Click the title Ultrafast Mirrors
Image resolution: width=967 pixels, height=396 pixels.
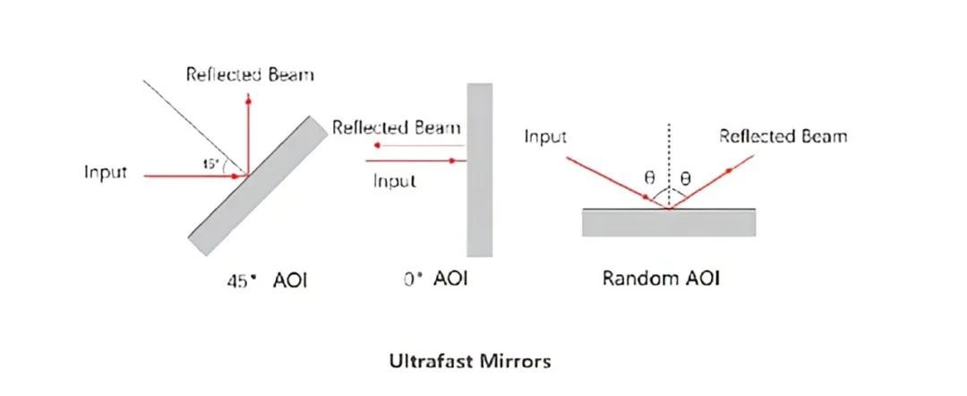[470, 360]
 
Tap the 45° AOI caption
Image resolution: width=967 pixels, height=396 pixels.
[266, 281]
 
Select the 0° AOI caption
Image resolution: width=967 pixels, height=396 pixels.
[435, 279]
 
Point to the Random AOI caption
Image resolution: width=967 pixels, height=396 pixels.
[661, 279]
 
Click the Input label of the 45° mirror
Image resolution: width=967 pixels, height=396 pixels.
[106, 172]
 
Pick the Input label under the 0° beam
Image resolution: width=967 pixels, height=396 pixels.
[395, 181]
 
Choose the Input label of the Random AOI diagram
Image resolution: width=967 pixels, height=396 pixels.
[545, 136]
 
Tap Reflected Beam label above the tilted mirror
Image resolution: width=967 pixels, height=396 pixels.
[250, 74]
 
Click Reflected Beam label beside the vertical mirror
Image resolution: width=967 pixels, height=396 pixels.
[397, 128]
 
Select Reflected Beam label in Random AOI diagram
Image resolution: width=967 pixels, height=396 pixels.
[783, 135]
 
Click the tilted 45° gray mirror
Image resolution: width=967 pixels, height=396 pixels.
[258, 185]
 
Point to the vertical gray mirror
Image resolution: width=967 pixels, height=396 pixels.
[479, 169]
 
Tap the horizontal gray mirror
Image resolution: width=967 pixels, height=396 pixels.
[669, 223]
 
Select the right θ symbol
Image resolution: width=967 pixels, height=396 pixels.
[685, 179]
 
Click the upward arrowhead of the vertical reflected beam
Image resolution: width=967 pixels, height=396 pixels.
[248, 99]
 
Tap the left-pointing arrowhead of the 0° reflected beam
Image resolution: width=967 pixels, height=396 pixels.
[379, 145]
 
